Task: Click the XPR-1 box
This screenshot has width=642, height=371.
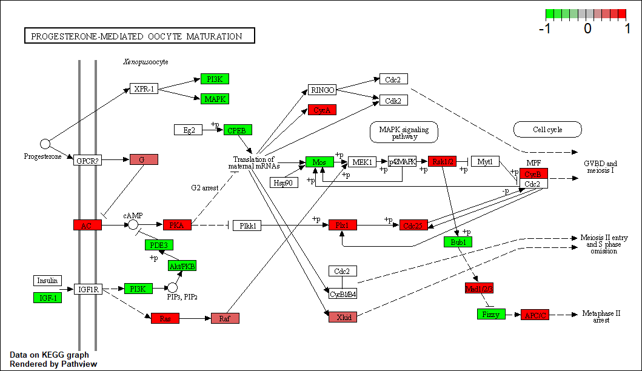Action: tap(144, 89)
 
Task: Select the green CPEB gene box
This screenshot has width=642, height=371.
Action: tap(238, 130)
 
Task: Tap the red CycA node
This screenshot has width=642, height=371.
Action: tap(322, 110)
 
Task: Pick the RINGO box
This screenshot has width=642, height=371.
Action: tap(322, 90)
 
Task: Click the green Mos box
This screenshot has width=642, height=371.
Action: tap(319, 162)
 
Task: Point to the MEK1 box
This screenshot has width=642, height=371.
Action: tap(362, 162)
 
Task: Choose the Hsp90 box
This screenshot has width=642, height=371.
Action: tap(284, 182)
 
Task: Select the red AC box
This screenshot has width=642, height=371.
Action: tap(87, 226)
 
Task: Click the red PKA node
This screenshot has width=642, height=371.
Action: tap(177, 226)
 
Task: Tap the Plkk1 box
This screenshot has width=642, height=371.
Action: tap(247, 226)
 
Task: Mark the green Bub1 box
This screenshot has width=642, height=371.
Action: tap(458, 242)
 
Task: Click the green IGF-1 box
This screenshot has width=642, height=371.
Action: tap(47, 297)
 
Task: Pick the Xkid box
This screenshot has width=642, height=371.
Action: tap(343, 317)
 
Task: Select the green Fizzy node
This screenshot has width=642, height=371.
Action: tap(490, 314)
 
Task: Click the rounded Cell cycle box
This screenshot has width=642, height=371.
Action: tap(547, 129)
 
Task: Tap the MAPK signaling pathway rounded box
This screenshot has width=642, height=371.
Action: tap(404, 133)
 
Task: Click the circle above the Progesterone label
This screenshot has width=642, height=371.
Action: tap(45, 144)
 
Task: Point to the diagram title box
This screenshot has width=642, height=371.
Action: tap(139, 36)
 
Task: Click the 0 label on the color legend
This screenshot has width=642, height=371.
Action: tap(587, 28)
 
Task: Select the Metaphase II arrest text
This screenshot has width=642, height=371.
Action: tap(601, 316)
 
